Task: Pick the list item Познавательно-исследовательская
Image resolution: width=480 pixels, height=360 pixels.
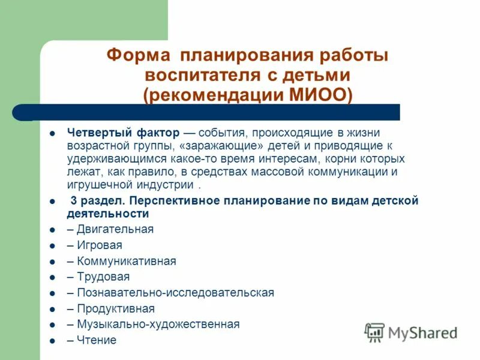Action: tap(175, 293)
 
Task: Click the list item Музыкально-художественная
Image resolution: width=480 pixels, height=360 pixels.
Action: tap(158, 325)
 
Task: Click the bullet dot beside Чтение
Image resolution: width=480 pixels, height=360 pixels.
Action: tap(52, 341)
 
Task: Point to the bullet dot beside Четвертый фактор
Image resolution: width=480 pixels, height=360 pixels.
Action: tap(52, 133)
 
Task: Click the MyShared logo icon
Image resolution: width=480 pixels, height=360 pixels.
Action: tap(374, 332)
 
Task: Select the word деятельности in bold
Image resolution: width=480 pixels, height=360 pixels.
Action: tap(108, 214)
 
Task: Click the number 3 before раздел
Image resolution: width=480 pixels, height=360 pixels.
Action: tap(74, 201)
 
